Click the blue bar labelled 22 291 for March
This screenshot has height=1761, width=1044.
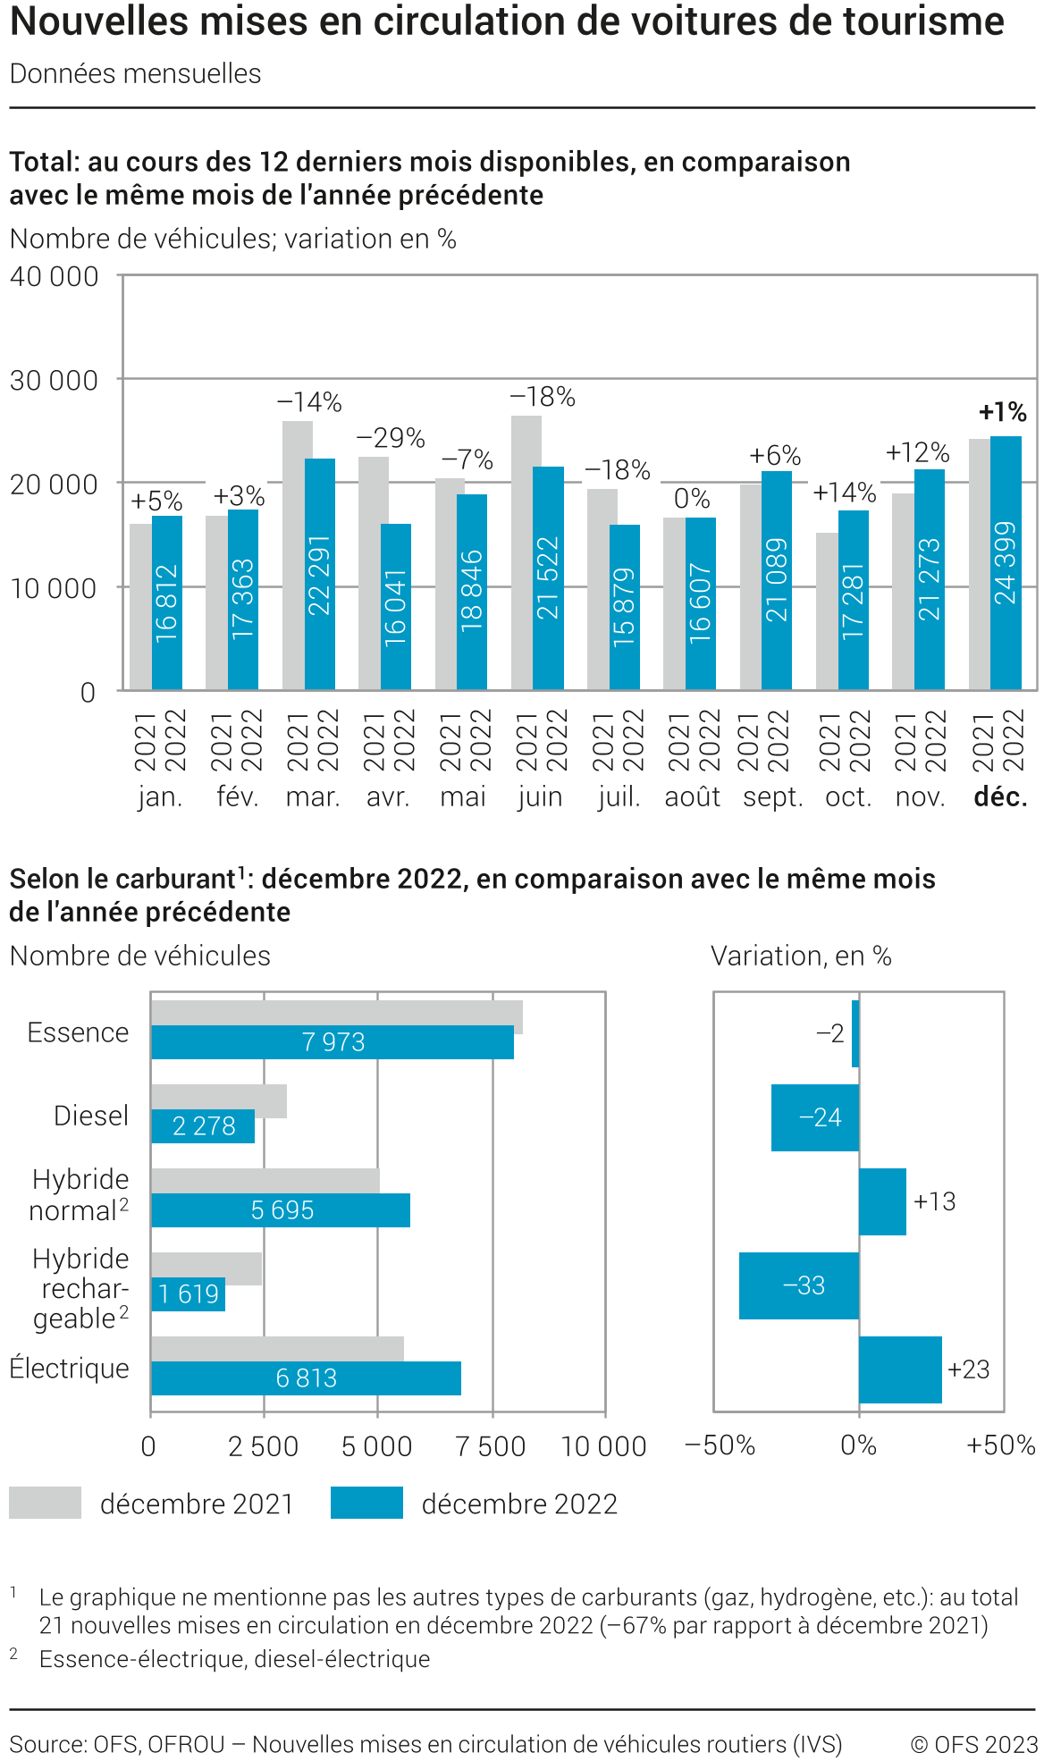[320, 574]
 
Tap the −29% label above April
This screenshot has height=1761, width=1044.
[391, 438]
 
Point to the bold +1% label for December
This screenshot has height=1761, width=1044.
[1002, 412]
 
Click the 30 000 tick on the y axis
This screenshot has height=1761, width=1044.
[54, 381]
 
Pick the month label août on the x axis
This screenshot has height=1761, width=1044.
[692, 796]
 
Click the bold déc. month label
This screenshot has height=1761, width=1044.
[1000, 796]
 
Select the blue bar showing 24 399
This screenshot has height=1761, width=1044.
[1006, 563]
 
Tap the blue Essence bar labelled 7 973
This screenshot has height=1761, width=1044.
[333, 1042]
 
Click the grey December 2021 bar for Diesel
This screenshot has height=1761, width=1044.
[219, 1101]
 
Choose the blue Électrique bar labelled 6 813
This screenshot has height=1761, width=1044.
[306, 1378]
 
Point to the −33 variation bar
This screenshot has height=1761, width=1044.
[799, 1285]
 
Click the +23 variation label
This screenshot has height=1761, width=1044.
[969, 1369]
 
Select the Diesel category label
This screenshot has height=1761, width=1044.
[91, 1116]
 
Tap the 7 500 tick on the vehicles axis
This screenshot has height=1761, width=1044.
[491, 1446]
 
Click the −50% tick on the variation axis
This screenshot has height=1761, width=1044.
[720, 1445]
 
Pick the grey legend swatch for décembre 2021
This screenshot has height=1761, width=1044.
[45, 1503]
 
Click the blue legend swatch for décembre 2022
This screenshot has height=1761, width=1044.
[366, 1503]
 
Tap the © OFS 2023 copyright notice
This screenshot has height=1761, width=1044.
[973, 1744]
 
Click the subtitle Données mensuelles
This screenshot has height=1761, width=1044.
[136, 73]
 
